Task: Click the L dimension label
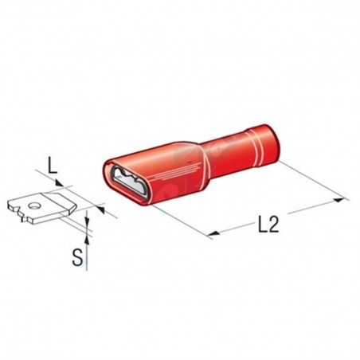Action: (x=53, y=166)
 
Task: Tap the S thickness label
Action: (x=77, y=258)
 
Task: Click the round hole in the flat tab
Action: (x=33, y=205)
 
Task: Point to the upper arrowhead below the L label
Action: (x=59, y=183)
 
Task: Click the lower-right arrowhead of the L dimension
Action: (x=100, y=209)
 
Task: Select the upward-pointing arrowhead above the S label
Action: (x=87, y=240)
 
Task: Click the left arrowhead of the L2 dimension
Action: (x=213, y=233)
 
